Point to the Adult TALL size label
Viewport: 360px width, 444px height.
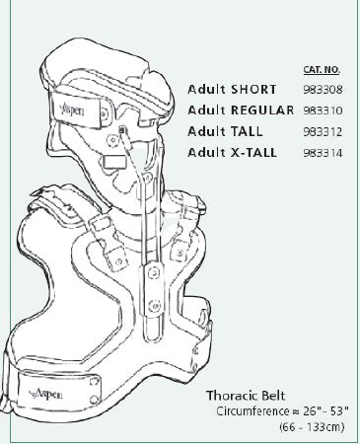click(x=229, y=131)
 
